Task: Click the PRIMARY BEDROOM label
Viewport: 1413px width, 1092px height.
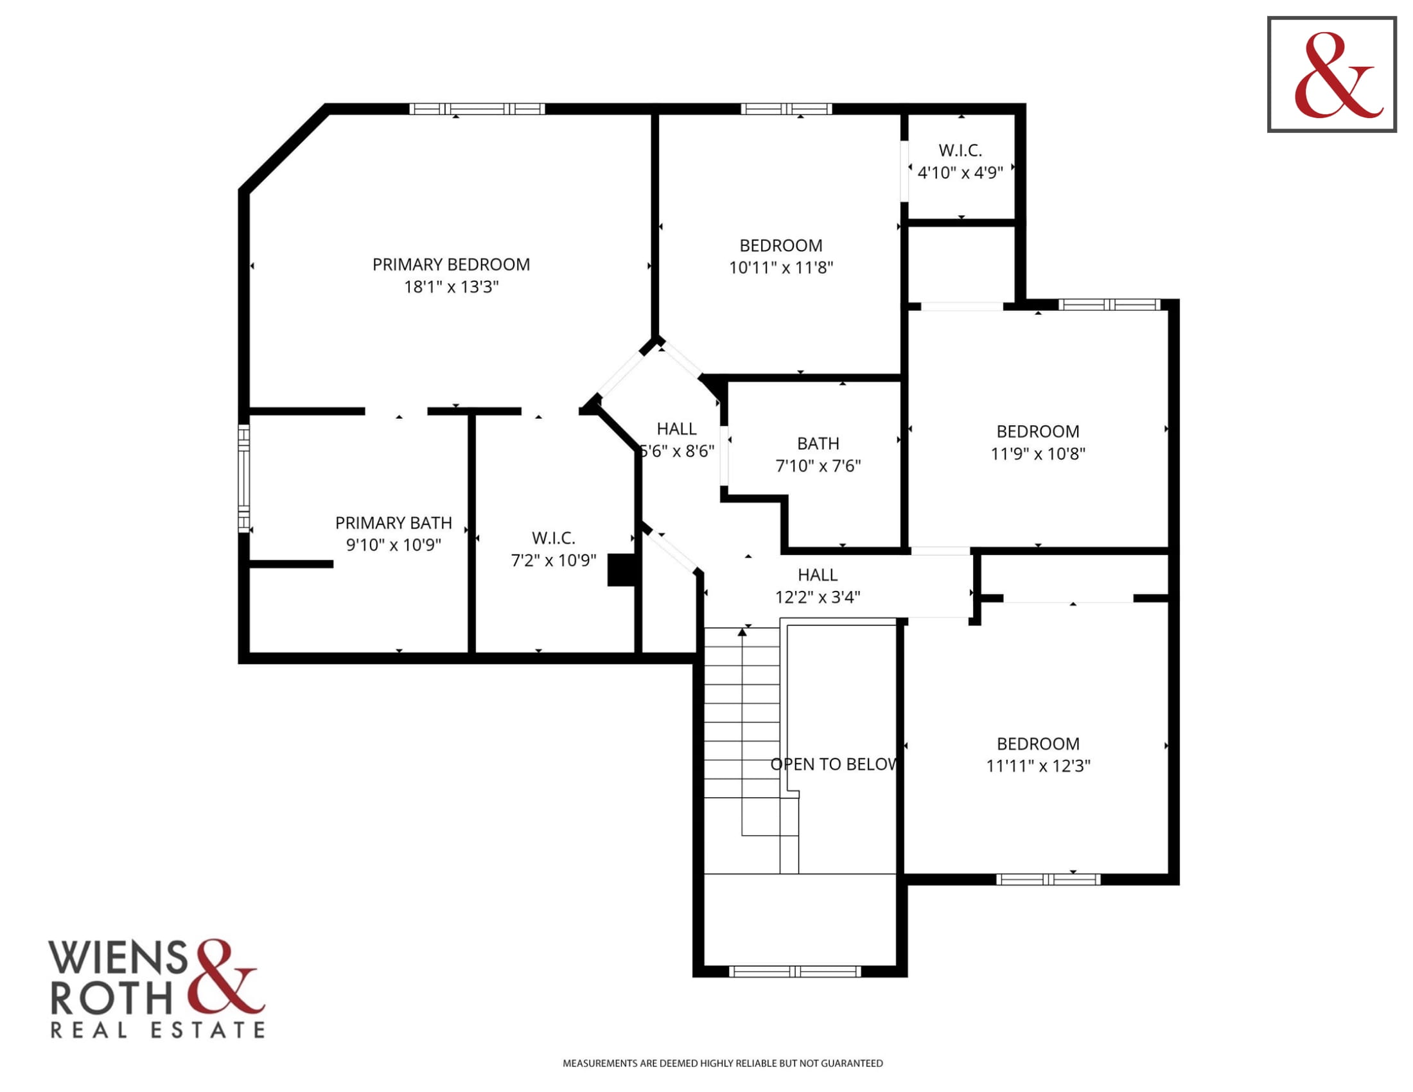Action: (451, 265)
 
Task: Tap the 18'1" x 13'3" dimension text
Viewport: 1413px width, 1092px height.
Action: (451, 286)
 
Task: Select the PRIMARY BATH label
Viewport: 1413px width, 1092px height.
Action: (393, 523)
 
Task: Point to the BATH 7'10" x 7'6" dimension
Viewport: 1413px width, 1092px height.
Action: (818, 466)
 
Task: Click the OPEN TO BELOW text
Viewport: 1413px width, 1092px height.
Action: (834, 764)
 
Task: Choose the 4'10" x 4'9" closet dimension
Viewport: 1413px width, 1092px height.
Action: (960, 173)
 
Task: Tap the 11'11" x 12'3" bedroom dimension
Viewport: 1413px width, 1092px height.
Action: (1038, 766)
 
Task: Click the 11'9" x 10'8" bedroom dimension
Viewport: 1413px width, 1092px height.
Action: (1038, 454)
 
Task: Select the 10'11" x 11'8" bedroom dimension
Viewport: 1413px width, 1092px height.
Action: (781, 268)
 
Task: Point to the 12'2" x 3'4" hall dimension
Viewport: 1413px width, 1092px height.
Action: (818, 597)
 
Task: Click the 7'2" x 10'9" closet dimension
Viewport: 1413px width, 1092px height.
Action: (553, 560)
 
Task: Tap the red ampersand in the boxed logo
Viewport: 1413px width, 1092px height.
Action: (1337, 76)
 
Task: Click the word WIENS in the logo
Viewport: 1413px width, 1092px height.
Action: (118, 958)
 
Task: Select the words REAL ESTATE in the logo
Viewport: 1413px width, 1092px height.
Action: (158, 1030)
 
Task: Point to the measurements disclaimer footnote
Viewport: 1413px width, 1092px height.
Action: (723, 1063)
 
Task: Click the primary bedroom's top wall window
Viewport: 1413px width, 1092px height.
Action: (477, 109)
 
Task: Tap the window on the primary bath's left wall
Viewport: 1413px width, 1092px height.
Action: (244, 479)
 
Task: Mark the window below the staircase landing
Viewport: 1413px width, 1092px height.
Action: (795, 971)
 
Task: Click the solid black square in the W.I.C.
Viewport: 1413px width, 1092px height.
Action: (621, 570)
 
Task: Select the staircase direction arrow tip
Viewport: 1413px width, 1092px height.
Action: (742, 631)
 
